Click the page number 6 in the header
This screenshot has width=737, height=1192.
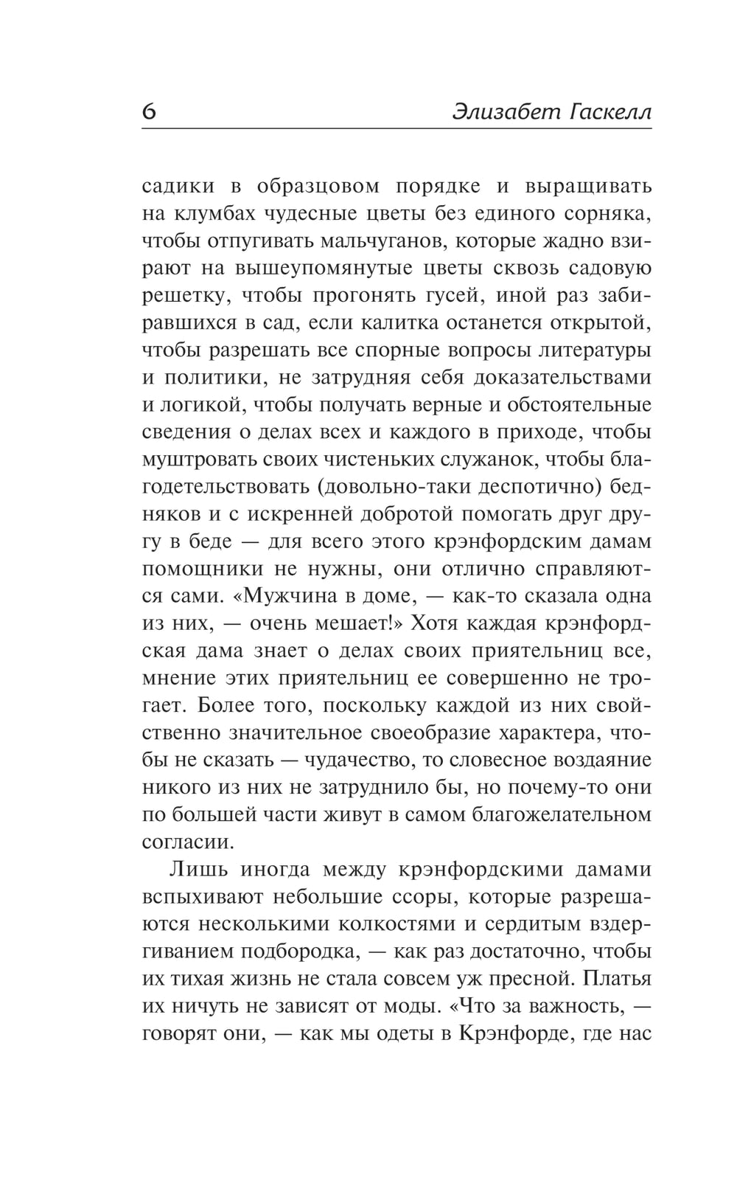coord(149,111)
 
